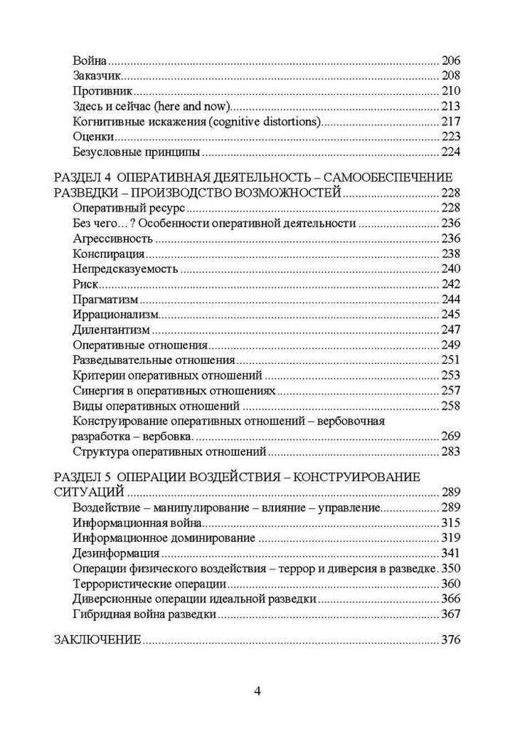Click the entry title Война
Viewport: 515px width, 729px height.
(x=90, y=61)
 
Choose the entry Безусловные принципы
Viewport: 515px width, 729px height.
(x=136, y=153)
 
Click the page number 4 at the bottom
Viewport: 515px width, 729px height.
(x=257, y=691)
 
